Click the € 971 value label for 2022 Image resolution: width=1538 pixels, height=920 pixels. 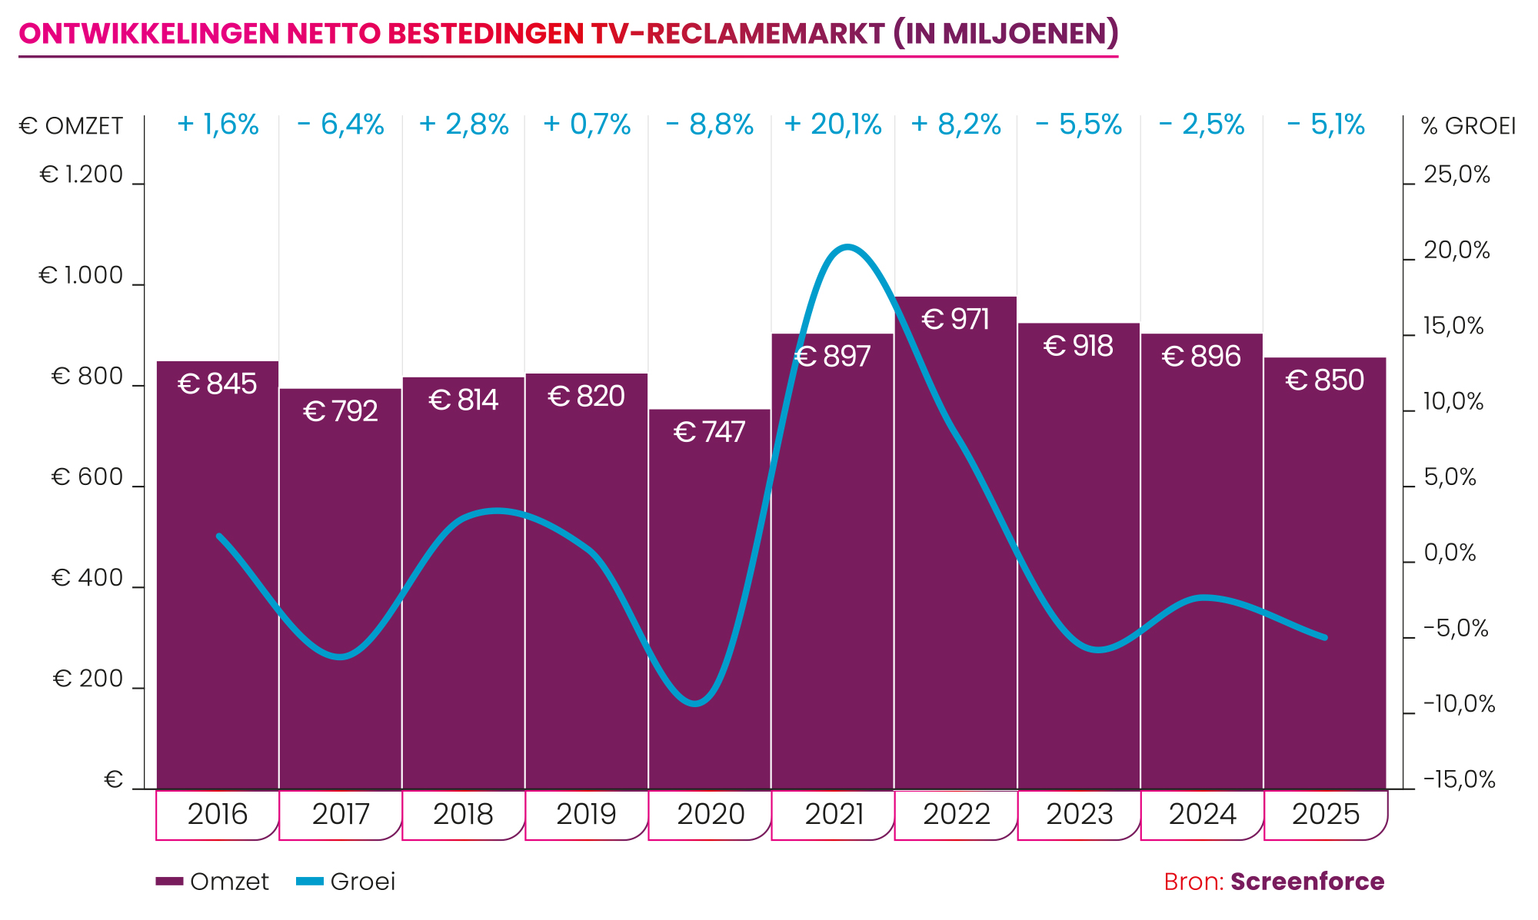(x=955, y=320)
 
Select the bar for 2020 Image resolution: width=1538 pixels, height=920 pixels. (x=709, y=599)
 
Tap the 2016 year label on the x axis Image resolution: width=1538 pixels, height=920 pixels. (x=218, y=814)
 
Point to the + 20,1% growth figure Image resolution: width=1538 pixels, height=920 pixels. (x=832, y=125)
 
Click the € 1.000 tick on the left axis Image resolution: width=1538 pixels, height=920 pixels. (x=82, y=275)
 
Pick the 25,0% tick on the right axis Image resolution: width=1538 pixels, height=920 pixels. (x=1456, y=175)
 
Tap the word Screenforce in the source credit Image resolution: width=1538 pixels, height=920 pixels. (x=1307, y=882)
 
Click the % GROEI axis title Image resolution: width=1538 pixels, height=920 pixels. (x=1468, y=126)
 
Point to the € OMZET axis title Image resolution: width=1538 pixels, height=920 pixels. (x=71, y=126)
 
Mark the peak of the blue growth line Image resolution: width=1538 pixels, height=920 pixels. (x=847, y=247)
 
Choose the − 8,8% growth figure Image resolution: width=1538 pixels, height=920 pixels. (x=709, y=125)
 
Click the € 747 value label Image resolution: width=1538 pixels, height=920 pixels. (x=709, y=433)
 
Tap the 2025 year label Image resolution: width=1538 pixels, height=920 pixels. (x=1326, y=814)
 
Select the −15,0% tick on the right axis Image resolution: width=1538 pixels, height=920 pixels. (x=1459, y=780)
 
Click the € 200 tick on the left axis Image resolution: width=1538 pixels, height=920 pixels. (x=88, y=679)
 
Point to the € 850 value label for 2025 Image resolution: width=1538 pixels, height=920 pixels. (x=1325, y=380)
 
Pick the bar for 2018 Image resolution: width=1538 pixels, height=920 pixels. (x=463, y=584)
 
